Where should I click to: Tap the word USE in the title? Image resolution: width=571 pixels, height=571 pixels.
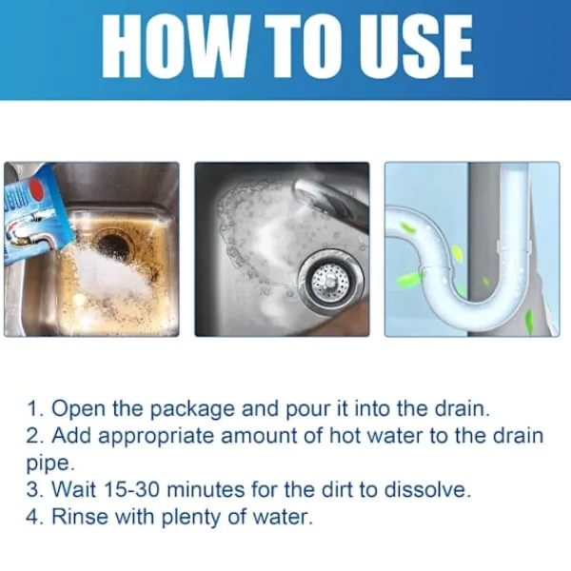point(416,47)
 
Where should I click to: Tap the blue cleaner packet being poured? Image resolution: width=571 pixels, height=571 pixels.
point(33,215)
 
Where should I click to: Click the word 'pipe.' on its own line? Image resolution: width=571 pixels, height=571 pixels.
point(50,463)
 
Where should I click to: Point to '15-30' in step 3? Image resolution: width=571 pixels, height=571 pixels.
point(131,489)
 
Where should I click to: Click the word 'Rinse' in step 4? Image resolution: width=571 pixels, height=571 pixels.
point(80,516)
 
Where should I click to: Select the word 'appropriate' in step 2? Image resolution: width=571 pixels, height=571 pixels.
point(156,437)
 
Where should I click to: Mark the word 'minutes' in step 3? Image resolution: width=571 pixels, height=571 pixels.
point(206,489)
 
